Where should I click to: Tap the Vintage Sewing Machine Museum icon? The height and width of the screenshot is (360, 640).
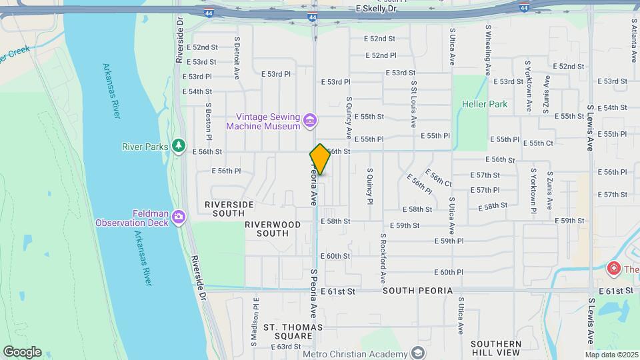309,121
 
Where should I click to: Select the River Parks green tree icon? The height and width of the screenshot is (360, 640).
178,145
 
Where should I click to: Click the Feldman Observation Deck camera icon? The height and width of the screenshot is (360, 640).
178,217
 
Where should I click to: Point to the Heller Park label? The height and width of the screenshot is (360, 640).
485,104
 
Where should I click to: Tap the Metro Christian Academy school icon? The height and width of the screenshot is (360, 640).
418,353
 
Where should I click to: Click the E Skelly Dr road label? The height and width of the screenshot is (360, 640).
376,9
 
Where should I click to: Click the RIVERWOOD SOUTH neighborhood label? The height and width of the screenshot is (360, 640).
272,229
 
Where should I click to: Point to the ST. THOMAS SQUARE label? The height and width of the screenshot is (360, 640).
293,331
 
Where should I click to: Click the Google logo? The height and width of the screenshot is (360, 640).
22,352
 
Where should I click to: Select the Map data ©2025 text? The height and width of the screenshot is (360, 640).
612,355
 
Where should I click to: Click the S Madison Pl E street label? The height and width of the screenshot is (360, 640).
255,321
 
